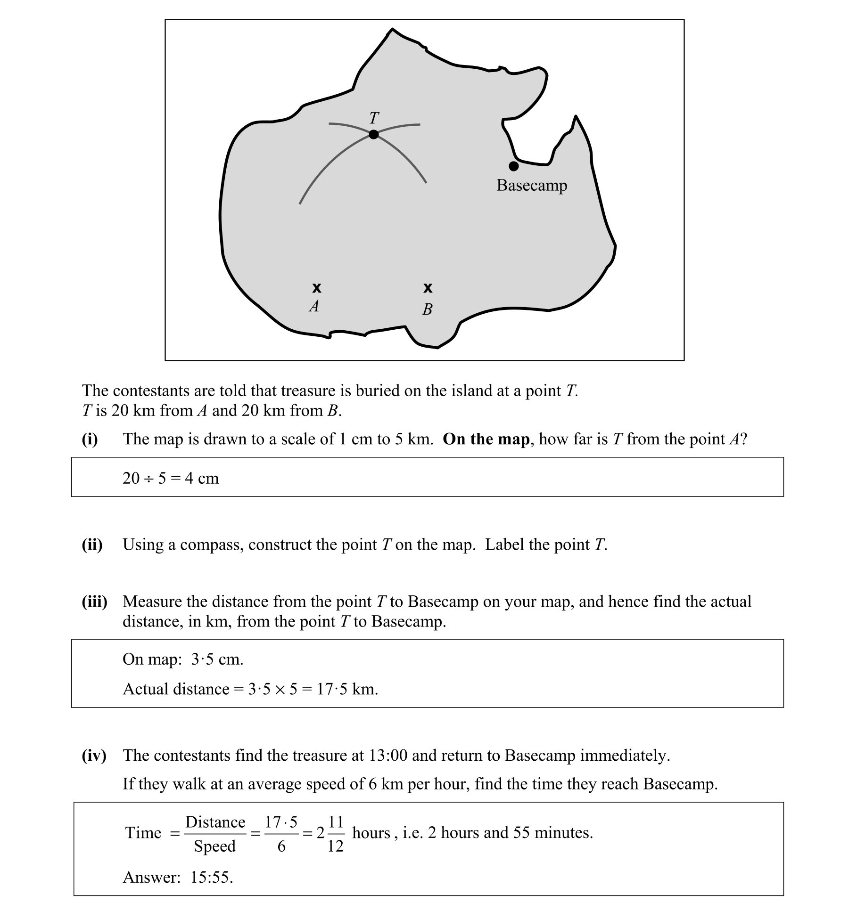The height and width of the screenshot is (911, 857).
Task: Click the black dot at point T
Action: point(373,135)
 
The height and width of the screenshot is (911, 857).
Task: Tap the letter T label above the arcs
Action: point(374,117)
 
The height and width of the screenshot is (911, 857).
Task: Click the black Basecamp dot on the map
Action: point(514,166)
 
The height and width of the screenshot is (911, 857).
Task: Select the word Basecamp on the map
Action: point(532,186)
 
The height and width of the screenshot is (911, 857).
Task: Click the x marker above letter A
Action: point(317,287)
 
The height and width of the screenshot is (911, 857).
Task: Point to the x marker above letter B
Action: point(428,287)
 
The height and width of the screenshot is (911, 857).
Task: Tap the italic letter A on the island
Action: point(314,307)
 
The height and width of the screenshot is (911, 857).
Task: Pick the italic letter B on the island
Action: point(428,309)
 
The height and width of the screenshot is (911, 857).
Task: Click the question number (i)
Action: point(90,439)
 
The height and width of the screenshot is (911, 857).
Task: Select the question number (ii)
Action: point(92,545)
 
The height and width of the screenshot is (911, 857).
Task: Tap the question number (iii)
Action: point(94,602)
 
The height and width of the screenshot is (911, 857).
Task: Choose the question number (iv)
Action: point(94,756)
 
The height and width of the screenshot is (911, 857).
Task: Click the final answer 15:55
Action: point(212,877)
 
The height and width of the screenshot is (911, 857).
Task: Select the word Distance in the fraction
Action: point(215,822)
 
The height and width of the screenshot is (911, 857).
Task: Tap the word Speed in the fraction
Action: point(214,846)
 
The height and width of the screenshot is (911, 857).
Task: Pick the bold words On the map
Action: point(486,439)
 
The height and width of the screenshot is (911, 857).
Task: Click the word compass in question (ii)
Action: point(212,545)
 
